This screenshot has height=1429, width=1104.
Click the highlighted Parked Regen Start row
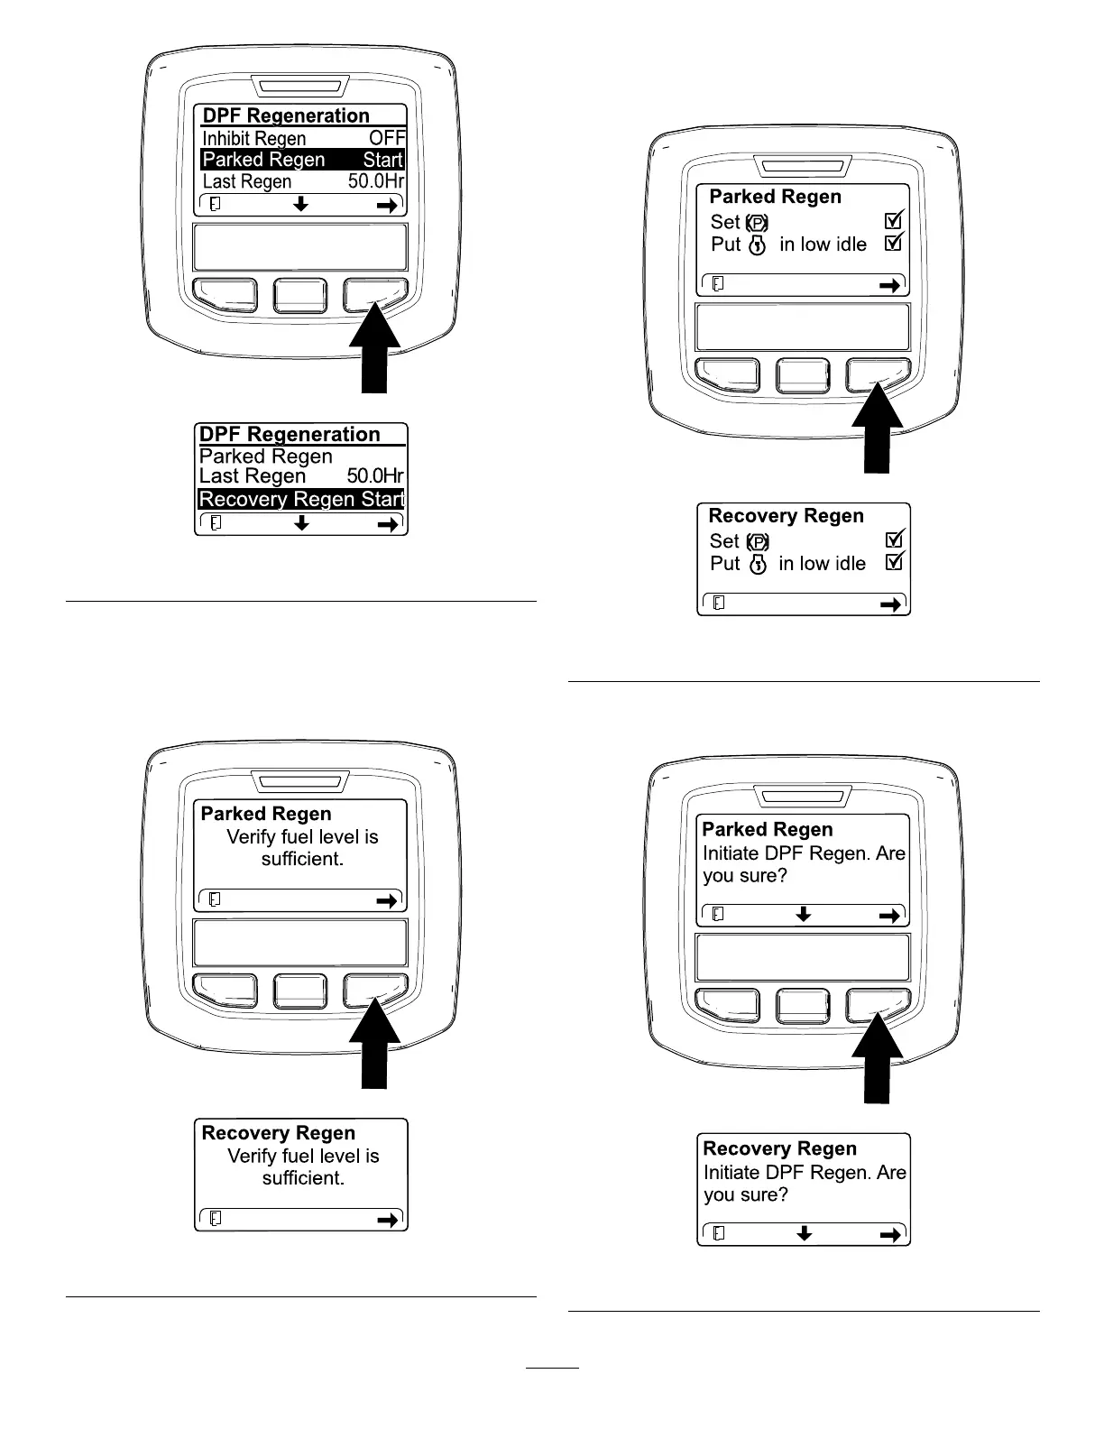click(x=302, y=160)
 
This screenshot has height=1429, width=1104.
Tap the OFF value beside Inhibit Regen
click(x=387, y=138)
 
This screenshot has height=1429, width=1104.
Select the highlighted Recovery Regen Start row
click(x=301, y=499)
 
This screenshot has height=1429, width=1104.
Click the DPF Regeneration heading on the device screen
click(x=286, y=115)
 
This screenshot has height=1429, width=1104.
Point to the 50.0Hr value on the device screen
click(x=376, y=181)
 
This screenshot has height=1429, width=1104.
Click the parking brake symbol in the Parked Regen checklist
click(x=758, y=222)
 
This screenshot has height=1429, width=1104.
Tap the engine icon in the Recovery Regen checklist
click(x=758, y=564)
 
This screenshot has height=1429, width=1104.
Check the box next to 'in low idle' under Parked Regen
click(x=894, y=243)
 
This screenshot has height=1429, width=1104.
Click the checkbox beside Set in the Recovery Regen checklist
click(x=895, y=539)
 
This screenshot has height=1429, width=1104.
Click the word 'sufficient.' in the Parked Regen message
click(x=303, y=859)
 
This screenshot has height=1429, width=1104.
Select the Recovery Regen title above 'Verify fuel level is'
click(x=279, y=1133)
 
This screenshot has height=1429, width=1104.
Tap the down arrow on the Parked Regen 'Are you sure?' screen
click(x=804, y=915)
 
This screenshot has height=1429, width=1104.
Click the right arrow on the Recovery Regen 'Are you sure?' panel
click(x=890, y=1234)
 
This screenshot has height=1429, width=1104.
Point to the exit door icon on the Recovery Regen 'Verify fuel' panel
click(x=215, y=1219)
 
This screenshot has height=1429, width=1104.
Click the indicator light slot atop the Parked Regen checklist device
click(x=804, y=167)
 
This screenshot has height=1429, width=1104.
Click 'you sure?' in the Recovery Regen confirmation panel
click(x=746, y=1194)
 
